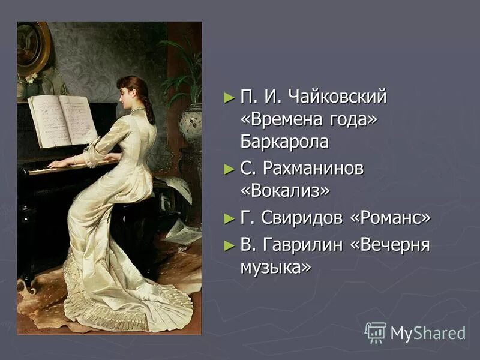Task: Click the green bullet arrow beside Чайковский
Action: click(227, 97)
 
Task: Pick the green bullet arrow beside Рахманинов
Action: click(227, 169)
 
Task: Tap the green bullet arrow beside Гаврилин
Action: click(227, 245)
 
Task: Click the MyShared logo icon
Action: click(376, 332)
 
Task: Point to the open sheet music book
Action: click(62, 120)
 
